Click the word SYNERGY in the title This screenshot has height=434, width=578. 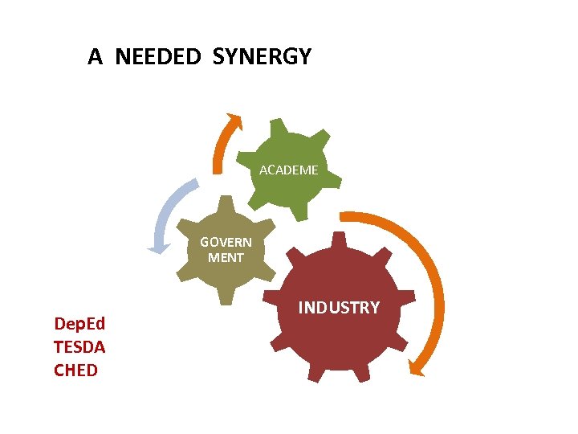coord(263,57)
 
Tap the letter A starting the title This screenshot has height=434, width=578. coord(95,57)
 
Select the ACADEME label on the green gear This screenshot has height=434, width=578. coord(289,170)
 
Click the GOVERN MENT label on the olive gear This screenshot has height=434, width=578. coord(226,249)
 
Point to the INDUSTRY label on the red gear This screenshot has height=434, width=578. coord(339,307)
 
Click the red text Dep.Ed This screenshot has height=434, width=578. coord(79,324)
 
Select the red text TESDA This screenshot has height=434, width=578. coord(79,347)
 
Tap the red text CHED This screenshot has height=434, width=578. coord(75,371)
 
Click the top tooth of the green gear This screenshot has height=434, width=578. coord(279,126)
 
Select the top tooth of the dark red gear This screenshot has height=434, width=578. coord(339,240)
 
